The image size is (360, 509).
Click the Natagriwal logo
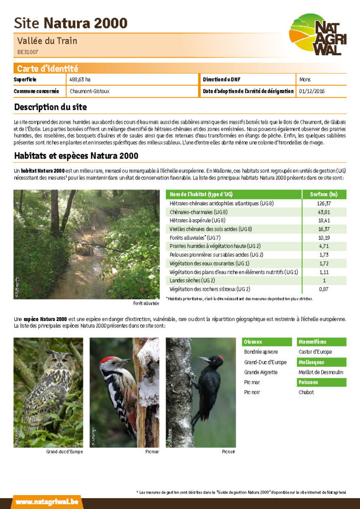(x=318, y=34)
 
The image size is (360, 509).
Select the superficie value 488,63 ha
(x=80, y=80)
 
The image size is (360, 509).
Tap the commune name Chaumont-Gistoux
(x=90, y=91)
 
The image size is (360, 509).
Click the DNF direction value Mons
(x=305, y=80)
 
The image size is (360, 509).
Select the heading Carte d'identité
(x=47, y=69)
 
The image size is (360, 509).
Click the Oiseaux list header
(x=253, y=342)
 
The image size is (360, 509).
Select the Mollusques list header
(x=311, y=362)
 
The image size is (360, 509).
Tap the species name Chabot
(x=306, y=392)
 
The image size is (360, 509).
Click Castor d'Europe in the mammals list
(x=315, y=352)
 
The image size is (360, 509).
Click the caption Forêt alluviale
(x=146, y=303)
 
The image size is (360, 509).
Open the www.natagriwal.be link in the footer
(x=47, y=502)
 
